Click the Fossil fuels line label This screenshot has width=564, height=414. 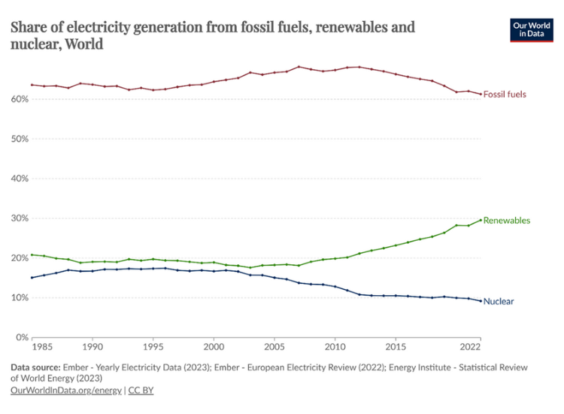(x=504, y=95)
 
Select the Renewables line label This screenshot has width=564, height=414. (x=506, y=221)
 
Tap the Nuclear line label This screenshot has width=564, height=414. (x=499, y=302)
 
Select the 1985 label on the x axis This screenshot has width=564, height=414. (x=43, y=349)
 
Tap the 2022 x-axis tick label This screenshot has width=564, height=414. (x=469, y=349)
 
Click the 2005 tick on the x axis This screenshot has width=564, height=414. (x=274, y=349)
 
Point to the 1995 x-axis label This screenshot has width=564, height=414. (x=153, y=349)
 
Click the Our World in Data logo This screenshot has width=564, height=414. (x=531, y=29)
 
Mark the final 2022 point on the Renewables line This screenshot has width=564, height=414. (x=480, y=220)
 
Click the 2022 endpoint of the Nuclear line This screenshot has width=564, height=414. (x=480, y=301)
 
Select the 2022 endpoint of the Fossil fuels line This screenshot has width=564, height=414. (x=480, y=94)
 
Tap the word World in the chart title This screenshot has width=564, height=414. (x=84, y=44)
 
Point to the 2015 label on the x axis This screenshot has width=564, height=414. (x=396, y=349)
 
